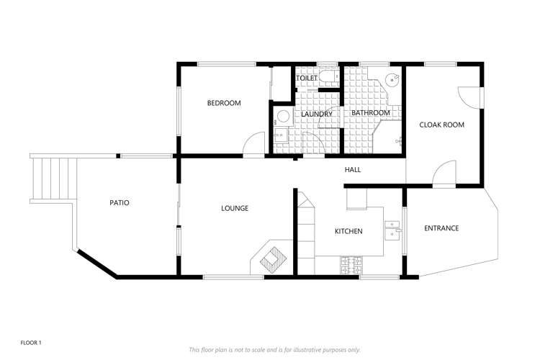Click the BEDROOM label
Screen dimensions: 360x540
[x=224, y=103]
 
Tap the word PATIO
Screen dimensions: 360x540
[x=120, y=203]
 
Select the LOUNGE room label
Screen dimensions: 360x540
[x=235, y=208]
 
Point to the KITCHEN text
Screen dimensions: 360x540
[x=348, y=231]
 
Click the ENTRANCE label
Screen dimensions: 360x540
[x=441, y=228]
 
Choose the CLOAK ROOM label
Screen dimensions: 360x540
[x=442, y=125]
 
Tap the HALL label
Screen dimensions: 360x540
[x=353, y=170]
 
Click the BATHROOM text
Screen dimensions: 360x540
[x=371, y=113]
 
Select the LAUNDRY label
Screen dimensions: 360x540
[x=317, y=114]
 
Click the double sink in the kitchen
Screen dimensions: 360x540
[x=392, y=228]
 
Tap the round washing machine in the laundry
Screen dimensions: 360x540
[x=283, y=116]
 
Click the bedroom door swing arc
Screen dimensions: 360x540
[x=253, y=144]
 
